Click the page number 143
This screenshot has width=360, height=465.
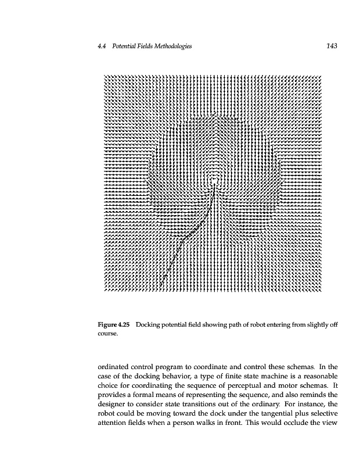tap(332, 46)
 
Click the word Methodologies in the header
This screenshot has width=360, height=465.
tap(170, 46)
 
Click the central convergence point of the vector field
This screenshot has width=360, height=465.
tap(215, 181)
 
